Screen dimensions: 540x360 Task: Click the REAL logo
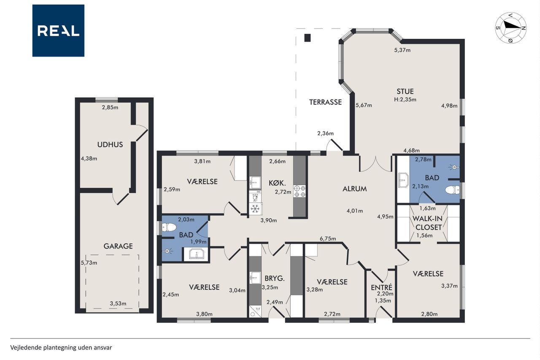(x=58, y=31)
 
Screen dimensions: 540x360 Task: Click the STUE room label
(x=405, y=92)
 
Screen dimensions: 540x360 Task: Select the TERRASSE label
(x=325, y=102)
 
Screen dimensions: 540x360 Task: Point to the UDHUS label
(x=110, y=144)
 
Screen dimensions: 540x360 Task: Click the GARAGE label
(x=118, y=246)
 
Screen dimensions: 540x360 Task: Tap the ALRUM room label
(x=355, y=189)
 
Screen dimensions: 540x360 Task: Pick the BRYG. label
(x=275, y=279)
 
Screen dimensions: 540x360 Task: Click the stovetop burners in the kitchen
(x=300, y=191)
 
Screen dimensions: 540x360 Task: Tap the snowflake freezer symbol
(x=255, y=208)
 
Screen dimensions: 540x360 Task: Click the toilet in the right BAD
(x=453, y=190)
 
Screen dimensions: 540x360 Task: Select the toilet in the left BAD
(x=169, y=227)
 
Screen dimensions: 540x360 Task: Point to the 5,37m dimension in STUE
(x=402, y=50)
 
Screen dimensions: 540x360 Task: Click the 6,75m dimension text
(x=328, y=239)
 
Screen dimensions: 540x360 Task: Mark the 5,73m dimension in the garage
(x=89, y=263)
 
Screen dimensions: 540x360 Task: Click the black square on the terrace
(x=308, y=38)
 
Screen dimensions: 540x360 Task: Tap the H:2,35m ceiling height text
(x=405, y=99)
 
